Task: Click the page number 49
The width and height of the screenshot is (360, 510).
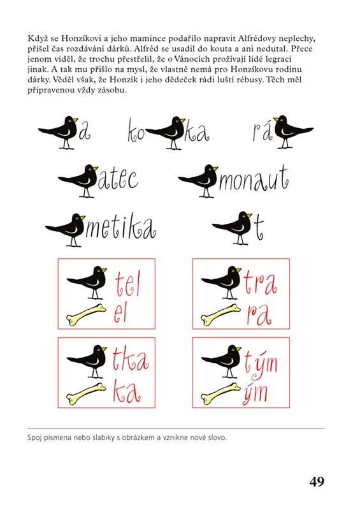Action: point(317,481)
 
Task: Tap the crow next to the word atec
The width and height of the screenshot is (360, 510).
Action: point(80,180)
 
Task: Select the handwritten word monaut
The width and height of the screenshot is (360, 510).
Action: point(254,180)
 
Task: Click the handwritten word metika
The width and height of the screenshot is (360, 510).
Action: point(120,229)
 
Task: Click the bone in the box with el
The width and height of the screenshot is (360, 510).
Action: point(86,314)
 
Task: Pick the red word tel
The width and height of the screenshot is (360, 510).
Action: point(127,284)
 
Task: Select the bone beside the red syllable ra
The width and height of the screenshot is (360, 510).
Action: point(221,314)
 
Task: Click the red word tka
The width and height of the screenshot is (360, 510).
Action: point(131,360)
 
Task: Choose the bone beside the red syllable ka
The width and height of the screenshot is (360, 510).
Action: point(86,393)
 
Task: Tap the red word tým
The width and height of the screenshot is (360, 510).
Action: point(261,363)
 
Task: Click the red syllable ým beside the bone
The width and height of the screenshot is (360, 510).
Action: point(255,393)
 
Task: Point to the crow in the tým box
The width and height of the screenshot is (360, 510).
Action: point(221,361)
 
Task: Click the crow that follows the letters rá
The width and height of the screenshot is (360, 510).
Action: point(293,132)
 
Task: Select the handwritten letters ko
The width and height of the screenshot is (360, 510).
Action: point(136,131)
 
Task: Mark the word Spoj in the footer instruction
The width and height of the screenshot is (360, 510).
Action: point(34,438)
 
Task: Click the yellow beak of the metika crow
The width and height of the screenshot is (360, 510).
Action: point(82,217)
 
